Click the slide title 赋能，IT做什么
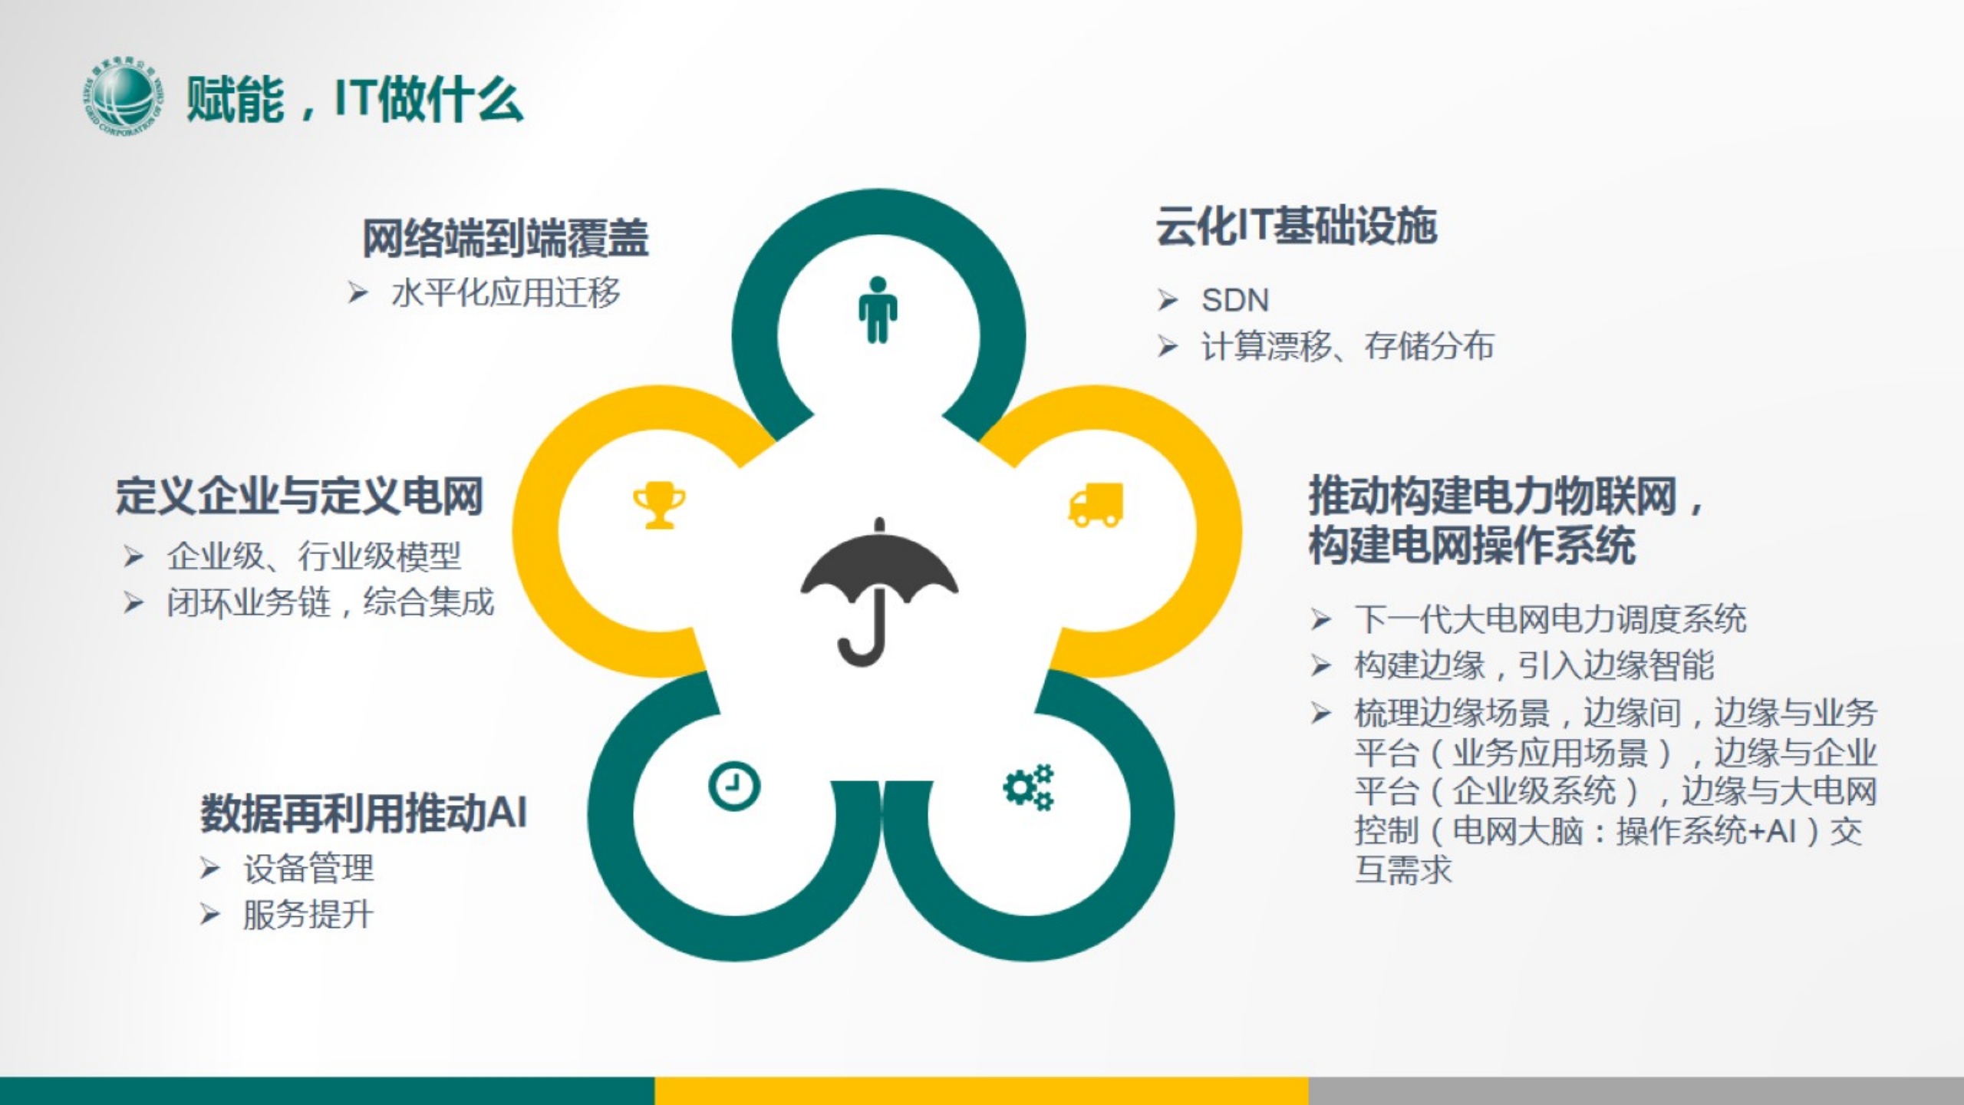pyautogui.click(x=354, y=99)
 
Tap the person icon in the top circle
pyautogui.click(x=878, y=309)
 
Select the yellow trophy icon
pyautogui.click(x=659, y=505)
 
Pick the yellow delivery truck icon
pyautogui.click(x=1096, y=505)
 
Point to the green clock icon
pyautogui.click(x=734, y=787)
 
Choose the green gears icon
pyautogui.click(x=1029, y=787)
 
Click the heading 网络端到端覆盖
pyautogui.click(x=506, y=238)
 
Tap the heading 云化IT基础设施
pyautogui.click(x=1297, y=226)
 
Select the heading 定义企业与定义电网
pyautogui.click(x=299, y=495)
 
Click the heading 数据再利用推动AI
pyautogui.click(x=364, y=813)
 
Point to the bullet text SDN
pyautogui.click(x=1235, y=300)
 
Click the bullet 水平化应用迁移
pyautogui.click(x=506, y=293)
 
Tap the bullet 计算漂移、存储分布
pyautogui.click(x=1347, y=346)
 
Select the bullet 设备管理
pyautogui.click(x=308, y=869)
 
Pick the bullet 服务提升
pyautogui.click(x=308, y=915)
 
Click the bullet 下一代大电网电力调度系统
pyautogui.click(x=1550, y=619)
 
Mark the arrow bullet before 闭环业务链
pyautogui.click(x=133, y=603)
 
